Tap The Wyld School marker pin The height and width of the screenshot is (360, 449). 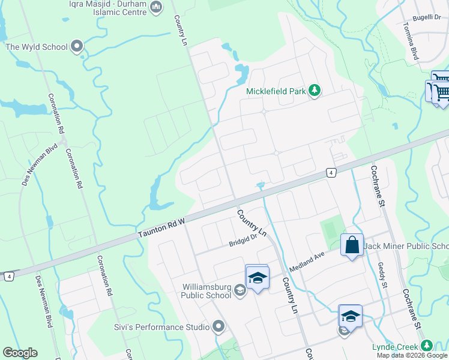pyautogui.click(x=76, y=46)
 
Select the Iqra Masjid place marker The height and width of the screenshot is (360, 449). pyautogui.click(x=156, y=8)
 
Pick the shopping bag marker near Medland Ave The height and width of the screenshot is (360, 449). pyautogui.click(x=352, y=245)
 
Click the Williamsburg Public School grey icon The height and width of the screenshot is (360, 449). pyautogui.click(x=240, y=291)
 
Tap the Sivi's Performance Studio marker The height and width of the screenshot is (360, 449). pyautogui.click(x=218, y=327)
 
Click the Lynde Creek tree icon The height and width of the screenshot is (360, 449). pyautogui.click(x=426, y=346)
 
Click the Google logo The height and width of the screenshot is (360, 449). pyautogui.click(x=20, y=352)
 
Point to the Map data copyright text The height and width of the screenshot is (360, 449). pyautogui.click(x=412, y=355)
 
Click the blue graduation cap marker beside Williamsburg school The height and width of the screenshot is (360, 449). pyautogui.click(x=258, y=278)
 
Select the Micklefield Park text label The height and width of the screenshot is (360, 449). pyautogui.click(x=276, y=91)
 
